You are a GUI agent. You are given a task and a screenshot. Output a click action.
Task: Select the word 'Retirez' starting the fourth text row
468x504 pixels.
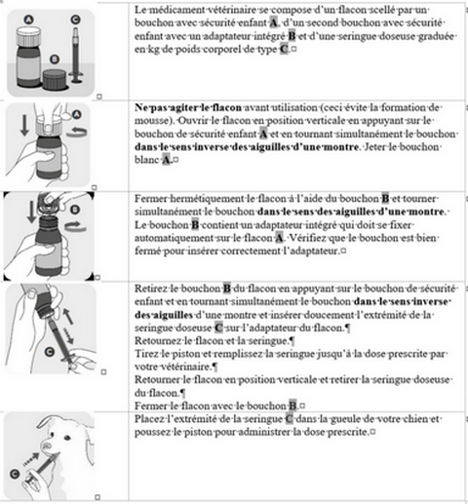[x=151, y=290]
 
